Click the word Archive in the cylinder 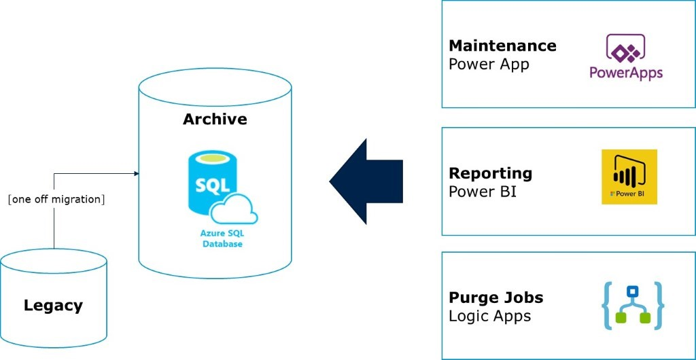(x=215, y=120)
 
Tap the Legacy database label (x=53, y=305)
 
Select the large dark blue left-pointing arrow (x=366, y=181)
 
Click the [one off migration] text (x=56, y=199)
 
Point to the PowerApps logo (x=625, y=57)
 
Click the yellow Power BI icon (x=629, y=177)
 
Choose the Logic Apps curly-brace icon (x=633, y=305)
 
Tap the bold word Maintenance (x=502, y=46)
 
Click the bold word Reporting (x=490, y=173)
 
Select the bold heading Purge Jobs (x=495, y=298)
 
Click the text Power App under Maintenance (x=488, y=65)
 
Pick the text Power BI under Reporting (x=482, y=192)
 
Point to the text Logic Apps (x=489, y=316)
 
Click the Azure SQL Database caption (x=222, y=238)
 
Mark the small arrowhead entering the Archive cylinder (x=136, y=174)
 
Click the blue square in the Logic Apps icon (x=633, y=292)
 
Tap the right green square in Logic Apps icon (x=645, y=317)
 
